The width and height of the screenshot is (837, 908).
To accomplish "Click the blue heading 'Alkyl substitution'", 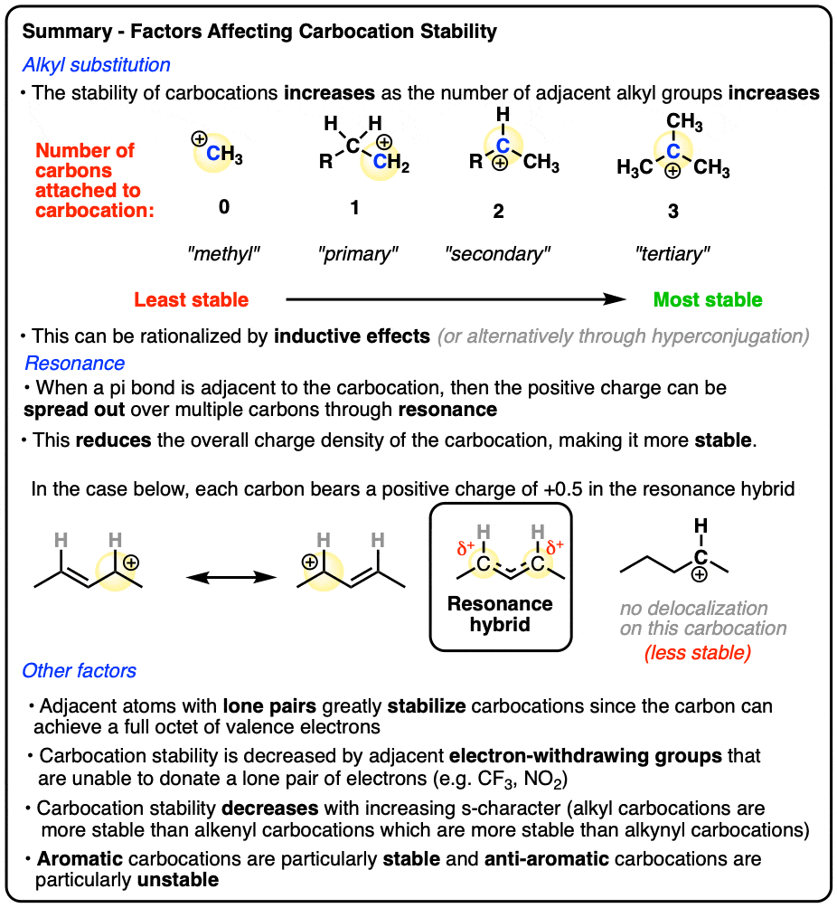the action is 96,65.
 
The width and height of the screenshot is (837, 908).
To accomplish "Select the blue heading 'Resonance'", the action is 75,363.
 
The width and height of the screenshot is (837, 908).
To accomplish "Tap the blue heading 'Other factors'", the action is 80,670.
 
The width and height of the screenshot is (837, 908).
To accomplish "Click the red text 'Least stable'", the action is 191,299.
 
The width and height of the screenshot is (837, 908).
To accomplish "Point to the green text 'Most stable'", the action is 708,299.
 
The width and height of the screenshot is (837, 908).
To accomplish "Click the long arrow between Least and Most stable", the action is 456,299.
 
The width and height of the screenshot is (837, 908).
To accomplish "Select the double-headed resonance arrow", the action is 231,577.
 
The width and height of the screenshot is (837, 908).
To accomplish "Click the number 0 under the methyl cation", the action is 224,207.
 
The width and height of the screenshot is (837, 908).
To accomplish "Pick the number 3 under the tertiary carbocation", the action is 672,211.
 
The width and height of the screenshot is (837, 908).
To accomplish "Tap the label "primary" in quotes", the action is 358,253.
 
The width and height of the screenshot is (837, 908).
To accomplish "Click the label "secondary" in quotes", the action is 498,253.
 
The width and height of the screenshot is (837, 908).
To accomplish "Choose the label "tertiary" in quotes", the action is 672,253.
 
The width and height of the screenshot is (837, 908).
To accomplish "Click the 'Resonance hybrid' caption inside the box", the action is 500,614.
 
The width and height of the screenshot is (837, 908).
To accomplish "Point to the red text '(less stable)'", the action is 698,653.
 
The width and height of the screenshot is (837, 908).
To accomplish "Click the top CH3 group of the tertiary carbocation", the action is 684,121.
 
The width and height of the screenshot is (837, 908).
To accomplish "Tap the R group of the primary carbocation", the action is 326,162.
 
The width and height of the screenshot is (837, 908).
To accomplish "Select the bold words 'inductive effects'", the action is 352,336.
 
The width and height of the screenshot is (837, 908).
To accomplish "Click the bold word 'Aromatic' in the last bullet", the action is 80,859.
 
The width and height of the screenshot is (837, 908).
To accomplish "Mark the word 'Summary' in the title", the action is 67,32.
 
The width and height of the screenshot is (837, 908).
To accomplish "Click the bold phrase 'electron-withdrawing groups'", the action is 585,756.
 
